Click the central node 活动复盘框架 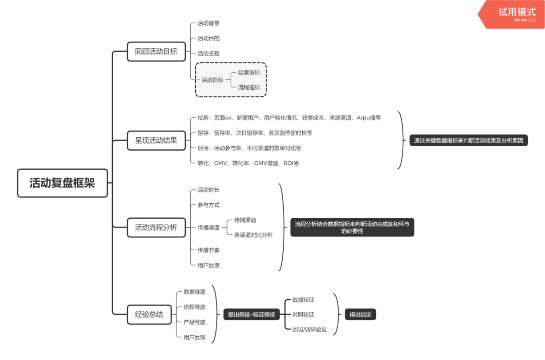tap(62, 183)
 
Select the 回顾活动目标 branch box tap(156, 51)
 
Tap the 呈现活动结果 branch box tap(156, 140)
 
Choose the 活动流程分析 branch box tap(156, 227)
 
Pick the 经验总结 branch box tap(149, 314)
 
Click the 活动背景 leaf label tap(208, 23)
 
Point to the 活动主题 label tap(208, 53)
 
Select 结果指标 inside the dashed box tap(249, 73)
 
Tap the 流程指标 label tap(249, 87)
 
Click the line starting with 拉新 tap(289, 118)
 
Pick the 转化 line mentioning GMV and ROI tap(248, 163)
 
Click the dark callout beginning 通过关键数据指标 tap(468, 141)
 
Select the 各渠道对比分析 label tap(253, 235)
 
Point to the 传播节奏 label tap(208, 250)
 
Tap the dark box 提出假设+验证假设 tap(251, 315)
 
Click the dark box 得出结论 tap(360, 315)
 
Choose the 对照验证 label tap(303, 315)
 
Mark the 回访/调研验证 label tap(309, 330)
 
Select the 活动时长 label tap(208, 190)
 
